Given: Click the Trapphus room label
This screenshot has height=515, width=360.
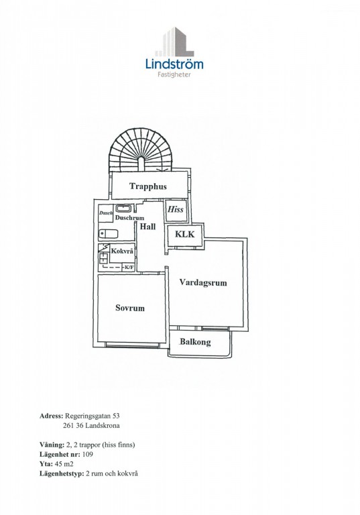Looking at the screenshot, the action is click(x=147, y=186).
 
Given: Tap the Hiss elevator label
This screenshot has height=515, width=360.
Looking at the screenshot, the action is click(x=176, y=209).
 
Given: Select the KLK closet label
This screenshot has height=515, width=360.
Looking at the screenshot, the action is click(x=184, y=234).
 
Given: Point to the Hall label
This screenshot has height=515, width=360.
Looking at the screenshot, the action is click(x=147, y=226).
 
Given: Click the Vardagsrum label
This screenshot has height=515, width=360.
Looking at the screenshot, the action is click(x=203, y=283).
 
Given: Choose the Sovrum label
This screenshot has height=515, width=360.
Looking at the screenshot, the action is click(x=130, y=308).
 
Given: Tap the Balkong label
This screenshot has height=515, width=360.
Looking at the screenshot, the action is click(x=195, y=342).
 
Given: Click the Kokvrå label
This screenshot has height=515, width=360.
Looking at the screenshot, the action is click(x=122, y=251).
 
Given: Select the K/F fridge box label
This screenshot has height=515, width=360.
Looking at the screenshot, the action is click(x=129, y=268).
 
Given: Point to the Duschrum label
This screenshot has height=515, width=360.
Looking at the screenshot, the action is click(x=129, y=218).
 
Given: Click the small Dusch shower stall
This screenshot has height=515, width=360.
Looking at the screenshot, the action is click(x=106, y=213).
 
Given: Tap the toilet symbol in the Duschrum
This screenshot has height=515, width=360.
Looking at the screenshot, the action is click(x=108, y=234).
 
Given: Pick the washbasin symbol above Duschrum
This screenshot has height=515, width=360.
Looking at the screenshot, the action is click(x=123, y=209).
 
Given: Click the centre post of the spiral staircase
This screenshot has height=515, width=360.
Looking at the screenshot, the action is click(x=141, y=164).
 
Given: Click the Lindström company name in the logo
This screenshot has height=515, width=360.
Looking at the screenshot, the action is click(x=174, y=64).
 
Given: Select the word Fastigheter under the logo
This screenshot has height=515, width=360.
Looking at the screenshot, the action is click(x=174, y=74).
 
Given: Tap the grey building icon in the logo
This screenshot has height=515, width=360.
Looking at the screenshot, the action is click(x=174, y=42).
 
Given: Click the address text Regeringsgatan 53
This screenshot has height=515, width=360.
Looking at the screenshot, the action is click(x=93, y=416).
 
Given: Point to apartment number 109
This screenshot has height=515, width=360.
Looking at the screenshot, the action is click(x=88, y=455).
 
